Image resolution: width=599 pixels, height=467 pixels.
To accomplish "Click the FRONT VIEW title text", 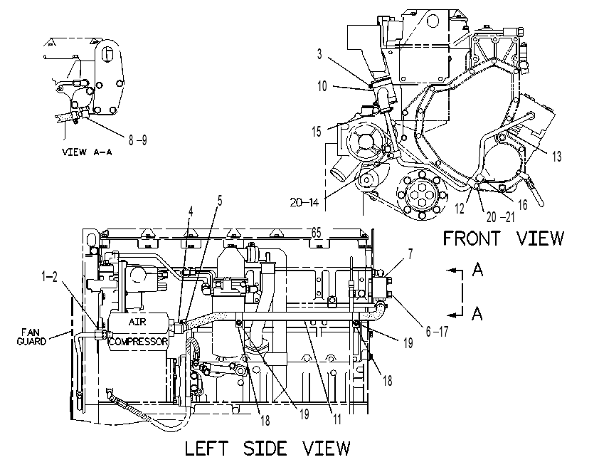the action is tap(503, 238).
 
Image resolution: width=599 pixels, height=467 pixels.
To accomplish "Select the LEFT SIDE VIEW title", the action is tap(267, 448).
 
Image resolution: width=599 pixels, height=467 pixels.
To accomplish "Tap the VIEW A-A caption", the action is tap(87, 152).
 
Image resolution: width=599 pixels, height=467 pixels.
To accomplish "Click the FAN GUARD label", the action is tap(31, 337).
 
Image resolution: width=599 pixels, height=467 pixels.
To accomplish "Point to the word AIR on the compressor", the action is tap(137, 322).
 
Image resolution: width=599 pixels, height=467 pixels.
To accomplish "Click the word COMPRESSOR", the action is tap(138, 341).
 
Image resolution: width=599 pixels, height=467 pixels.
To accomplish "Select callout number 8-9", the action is tap(137, 140).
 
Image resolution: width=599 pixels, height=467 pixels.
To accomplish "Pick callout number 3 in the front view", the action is tap(319, 54).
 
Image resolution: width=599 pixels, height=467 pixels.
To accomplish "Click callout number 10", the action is tap(322, 86).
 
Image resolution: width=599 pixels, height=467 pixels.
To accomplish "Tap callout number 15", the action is tap(317, 132).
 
